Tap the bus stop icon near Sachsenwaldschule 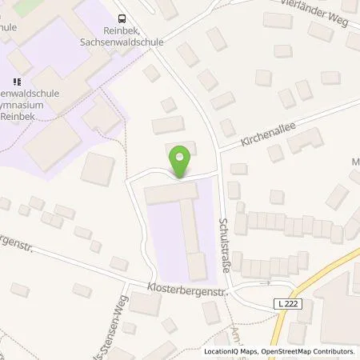point(122,18)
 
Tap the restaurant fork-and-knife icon point(18,81)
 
